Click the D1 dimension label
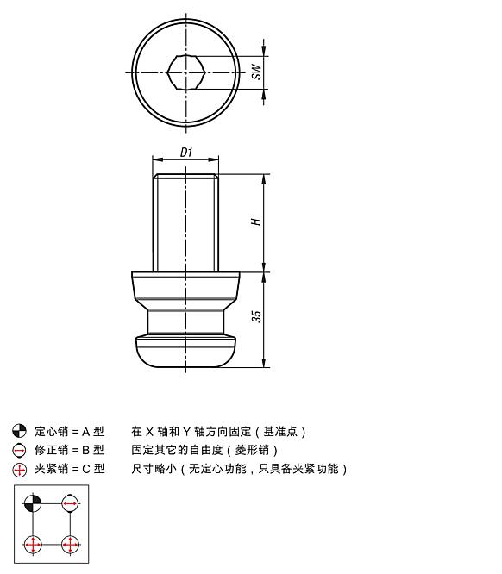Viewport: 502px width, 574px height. [x=186, y=152]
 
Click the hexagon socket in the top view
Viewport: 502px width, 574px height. [x=186, y=72]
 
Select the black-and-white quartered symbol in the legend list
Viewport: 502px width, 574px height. [x=20, y=431]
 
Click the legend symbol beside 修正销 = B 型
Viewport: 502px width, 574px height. [x=20, y=450]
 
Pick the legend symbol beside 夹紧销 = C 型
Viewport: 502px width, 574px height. [x=20, y=470]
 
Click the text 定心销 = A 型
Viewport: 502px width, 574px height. [x=69, y=431]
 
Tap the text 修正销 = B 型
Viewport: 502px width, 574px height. [x=69, y=450]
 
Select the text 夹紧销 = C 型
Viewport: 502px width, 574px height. [x=69, y=470]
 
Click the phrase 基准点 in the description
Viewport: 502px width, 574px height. [x=281, y=431]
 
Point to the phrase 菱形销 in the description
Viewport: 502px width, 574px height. [x=260, y=450]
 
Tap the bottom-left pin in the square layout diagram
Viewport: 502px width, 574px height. [x=33, y=545]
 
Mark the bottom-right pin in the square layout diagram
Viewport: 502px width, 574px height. [x=70, y=545]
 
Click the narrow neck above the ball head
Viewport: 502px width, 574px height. [x=186, y=321]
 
